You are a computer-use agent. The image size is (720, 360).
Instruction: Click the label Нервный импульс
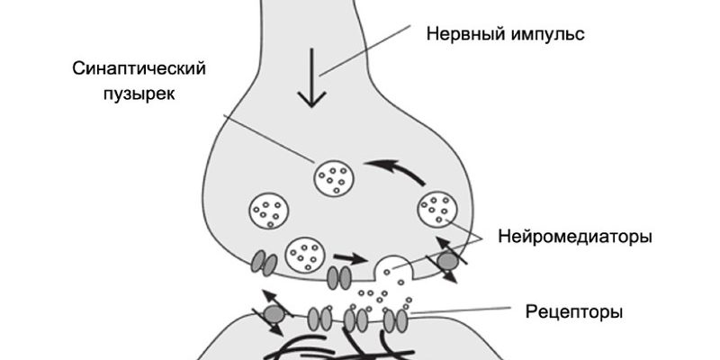click(505, 35)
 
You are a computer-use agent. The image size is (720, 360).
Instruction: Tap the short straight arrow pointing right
click(356, 258)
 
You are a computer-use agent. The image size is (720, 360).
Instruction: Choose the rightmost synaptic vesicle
click(436, 210)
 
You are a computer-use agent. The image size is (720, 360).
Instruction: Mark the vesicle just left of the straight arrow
click(304, 255)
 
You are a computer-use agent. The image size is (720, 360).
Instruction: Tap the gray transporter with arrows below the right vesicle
click(447, 261)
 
